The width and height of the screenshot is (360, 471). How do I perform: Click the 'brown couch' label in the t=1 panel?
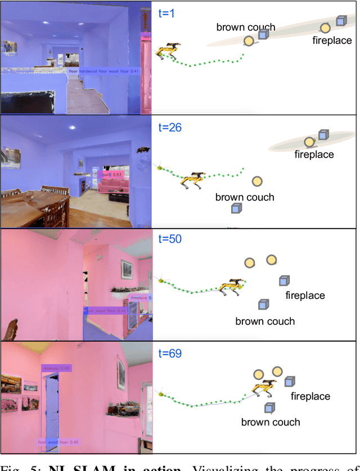[x=246, y=27]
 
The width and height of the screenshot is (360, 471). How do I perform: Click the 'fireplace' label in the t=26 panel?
[x=314, y=154]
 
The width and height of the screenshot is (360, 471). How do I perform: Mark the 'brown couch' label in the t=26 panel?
[x=245, y=198]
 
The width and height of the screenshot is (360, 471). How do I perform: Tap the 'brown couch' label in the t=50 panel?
[x=265, y=321]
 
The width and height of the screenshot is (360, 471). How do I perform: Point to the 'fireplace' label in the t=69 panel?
[x=310, y=396]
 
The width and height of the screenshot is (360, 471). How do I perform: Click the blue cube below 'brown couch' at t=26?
[x=237, y=209]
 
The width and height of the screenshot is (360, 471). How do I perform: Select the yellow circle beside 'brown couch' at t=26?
[x=257, y=181]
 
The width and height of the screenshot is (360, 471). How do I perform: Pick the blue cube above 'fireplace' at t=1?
[x=340, y=21]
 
